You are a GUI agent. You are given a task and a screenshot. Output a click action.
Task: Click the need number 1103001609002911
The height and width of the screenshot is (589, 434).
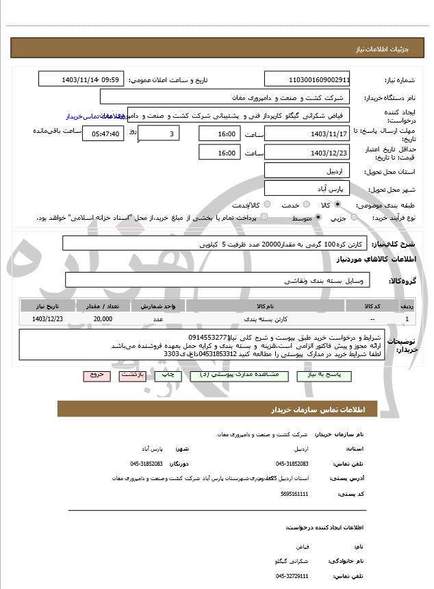coord(307,79)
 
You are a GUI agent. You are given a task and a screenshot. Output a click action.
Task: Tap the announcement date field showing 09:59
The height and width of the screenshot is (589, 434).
coord(81,79)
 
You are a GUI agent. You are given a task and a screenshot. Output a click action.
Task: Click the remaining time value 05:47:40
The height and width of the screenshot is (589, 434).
coord(103,134)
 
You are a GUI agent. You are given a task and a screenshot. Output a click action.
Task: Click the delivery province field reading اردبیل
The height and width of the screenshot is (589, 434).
coord(307,171)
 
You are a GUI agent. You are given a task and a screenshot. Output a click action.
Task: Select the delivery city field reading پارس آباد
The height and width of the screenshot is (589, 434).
coord(307,188)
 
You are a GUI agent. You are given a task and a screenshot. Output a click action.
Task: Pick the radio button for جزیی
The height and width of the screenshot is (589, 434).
coord(354,218)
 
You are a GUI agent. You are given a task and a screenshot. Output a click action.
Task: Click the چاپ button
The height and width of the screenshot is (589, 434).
coord(166,375)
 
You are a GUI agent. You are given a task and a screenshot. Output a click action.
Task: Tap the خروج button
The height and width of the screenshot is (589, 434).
coord(95,375)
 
